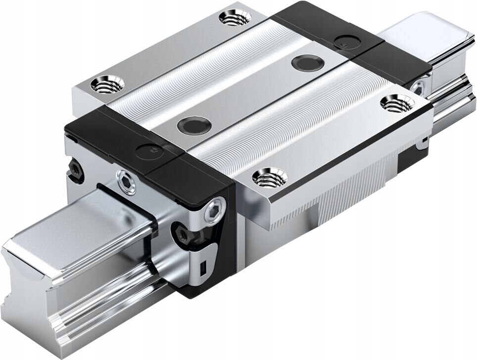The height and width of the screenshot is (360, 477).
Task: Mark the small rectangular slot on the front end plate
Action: [202, 269]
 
